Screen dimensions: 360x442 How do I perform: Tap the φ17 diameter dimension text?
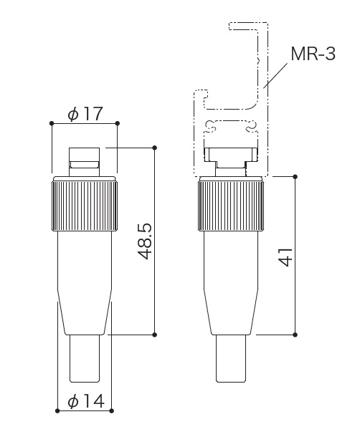(85, 114)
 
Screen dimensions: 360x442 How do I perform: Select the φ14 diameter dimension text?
(86, 401)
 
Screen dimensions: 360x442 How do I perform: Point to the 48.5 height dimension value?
(146, 241)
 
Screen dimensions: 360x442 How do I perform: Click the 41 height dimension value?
(285, 256)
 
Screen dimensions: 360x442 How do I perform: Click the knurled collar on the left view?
(85, 206)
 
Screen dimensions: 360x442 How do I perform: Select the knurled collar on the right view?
(231, 206)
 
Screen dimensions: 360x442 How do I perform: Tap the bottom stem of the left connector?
(85, 359)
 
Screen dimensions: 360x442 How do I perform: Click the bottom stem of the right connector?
(231, 359)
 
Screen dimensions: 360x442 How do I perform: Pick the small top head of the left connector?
(85, 162)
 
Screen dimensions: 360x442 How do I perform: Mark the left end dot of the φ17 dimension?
(52, 123)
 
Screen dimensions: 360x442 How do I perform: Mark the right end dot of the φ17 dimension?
(118, 123)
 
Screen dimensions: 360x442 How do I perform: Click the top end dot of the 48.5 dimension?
(154, 148)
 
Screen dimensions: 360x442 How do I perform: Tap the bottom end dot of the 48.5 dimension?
(154, 335)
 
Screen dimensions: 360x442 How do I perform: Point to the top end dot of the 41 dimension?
(295, 177)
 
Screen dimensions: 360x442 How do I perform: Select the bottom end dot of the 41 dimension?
(295, 335)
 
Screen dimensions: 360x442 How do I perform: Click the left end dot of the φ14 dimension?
(57, 410)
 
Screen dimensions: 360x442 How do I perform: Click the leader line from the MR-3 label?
(275, 75)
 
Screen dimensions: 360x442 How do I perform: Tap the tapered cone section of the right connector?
(231, 312)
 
